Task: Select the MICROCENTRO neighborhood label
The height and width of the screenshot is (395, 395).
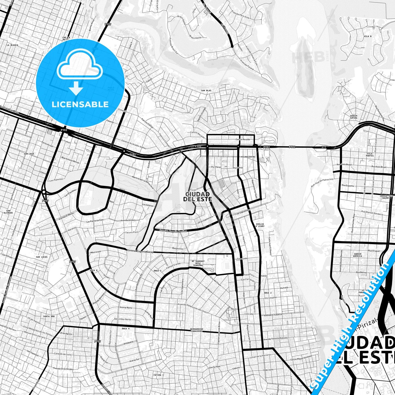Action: point(248,157)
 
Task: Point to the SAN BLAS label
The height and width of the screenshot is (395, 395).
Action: point(206,90)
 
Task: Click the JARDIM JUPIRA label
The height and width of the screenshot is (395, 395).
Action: point(353,117)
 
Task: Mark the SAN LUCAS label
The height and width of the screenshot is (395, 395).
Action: point(42,257)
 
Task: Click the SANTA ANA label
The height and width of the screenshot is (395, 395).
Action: point(49,316)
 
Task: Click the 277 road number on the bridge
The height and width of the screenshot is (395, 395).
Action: point(324,147)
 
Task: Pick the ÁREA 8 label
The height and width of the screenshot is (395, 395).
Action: point(93,270)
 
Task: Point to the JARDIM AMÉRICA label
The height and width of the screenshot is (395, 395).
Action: point(358,255)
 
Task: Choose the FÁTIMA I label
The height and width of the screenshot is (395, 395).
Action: point(159,375)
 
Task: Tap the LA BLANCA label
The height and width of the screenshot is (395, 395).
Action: point(12,45)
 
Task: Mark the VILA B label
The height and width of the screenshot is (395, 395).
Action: point(368,36)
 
